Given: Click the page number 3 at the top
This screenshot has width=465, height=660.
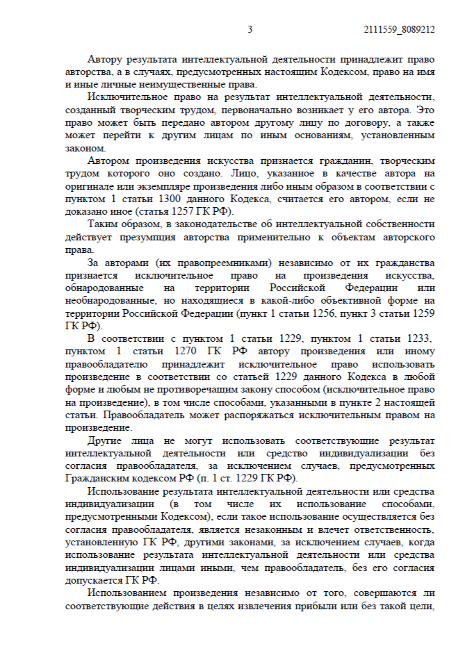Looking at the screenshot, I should click(250, 30).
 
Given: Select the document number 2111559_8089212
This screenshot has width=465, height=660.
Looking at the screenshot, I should click(399, 30).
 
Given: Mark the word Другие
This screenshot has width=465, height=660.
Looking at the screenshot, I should click(106, 441).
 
